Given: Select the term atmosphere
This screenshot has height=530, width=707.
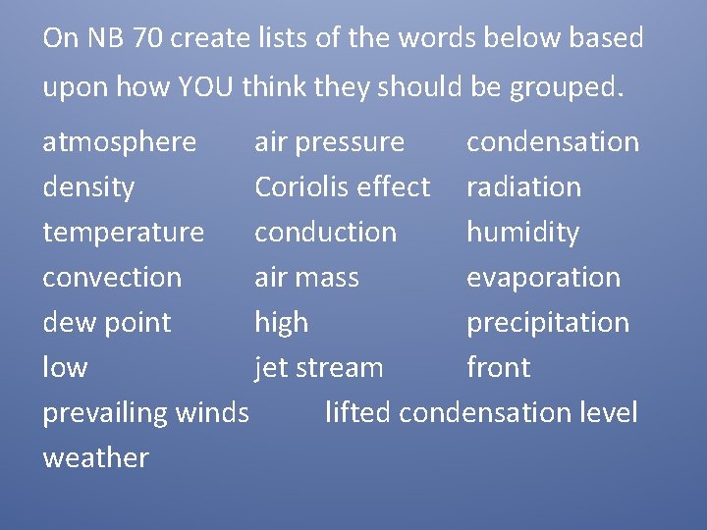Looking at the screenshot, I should [119, 142].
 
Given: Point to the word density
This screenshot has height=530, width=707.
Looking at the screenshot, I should [88, 187].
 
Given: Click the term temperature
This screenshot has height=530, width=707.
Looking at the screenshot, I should [123, 233].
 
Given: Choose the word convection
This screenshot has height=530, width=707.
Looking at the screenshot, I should [111, 278].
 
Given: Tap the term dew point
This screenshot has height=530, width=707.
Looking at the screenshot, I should [106, 323].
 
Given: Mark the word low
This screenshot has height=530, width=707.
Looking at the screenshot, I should [65, 368].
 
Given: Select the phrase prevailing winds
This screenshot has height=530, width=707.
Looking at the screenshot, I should [145, 413].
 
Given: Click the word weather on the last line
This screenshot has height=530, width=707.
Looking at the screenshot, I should [95, 458].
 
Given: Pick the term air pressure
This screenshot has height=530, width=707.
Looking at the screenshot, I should [329, 142].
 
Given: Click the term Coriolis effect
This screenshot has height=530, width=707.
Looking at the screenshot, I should [342, 187].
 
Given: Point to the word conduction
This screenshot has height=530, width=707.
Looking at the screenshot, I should [325, 233].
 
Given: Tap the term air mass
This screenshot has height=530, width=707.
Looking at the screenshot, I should [306, 278].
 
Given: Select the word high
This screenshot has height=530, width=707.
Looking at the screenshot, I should [281, 323].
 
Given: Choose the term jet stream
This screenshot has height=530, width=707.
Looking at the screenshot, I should [318, 368].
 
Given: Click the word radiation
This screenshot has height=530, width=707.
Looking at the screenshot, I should [523, 187].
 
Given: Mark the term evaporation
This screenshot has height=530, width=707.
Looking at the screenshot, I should [543, 278].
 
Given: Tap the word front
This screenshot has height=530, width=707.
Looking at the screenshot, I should [498, 368].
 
